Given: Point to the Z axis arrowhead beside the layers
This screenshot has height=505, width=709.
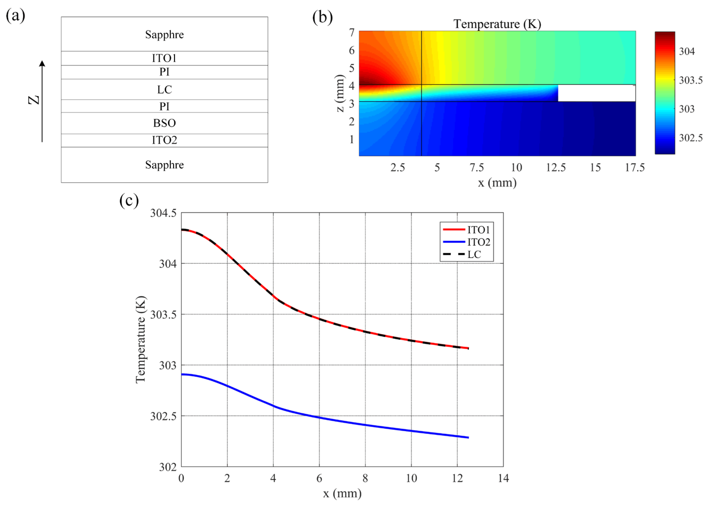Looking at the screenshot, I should coord(42,63).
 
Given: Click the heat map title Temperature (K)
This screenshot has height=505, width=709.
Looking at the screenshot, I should coord(497,24).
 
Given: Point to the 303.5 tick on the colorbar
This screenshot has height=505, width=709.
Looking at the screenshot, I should coord(691,80).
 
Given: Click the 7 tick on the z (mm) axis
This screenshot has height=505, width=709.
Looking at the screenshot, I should coord(352,32).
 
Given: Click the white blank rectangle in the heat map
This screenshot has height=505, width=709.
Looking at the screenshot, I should coord(596,93).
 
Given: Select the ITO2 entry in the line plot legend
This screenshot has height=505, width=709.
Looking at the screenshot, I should coord(478,242).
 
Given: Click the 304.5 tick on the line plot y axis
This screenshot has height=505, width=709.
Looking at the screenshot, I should coord(163,213).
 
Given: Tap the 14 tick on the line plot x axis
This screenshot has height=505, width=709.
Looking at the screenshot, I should coord(503,478).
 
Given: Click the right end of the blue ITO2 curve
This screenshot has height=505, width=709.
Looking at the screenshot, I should coord(468,437).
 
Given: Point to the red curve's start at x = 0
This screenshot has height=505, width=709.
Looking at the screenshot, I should coord(182,230).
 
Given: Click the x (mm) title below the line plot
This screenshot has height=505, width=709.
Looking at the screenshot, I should coord(342,493).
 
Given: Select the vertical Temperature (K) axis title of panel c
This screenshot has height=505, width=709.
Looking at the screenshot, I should coord(140,340).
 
